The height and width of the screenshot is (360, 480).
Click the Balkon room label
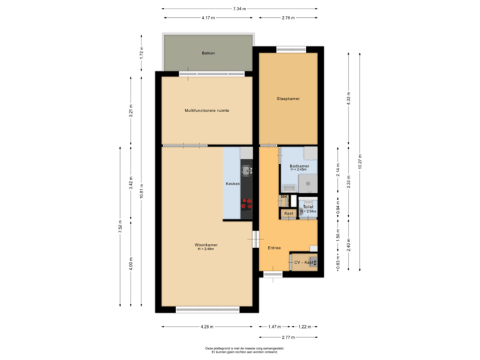pos(208,53)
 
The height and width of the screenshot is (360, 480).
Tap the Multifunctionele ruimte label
pos(207,111)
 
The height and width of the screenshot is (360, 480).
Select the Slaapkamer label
pos(288,99)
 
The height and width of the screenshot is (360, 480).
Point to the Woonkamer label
pos(207,245)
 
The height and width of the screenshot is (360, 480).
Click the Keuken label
pos(232,183)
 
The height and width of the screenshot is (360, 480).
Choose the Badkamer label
pos(299,165)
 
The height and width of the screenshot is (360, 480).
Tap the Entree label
pos(274,247)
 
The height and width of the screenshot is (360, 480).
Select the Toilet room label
pos(307,207)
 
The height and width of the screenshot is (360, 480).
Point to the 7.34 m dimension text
pos(239,9)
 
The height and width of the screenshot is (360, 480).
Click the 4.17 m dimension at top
pos(207,17)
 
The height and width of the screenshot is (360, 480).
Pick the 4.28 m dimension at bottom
pos(207,327)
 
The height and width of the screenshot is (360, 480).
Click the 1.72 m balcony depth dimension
pos(141,53)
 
